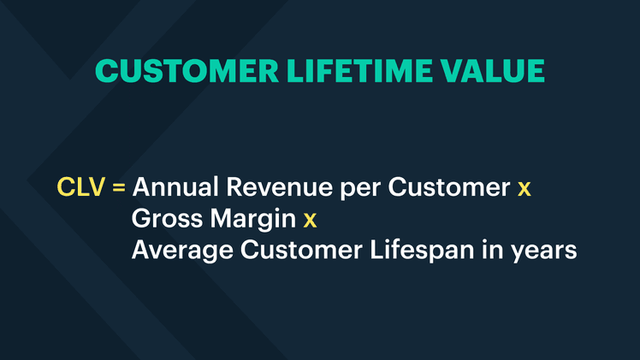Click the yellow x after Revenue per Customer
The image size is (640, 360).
524,189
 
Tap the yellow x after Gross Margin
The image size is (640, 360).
310,221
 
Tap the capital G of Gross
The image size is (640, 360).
142,220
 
